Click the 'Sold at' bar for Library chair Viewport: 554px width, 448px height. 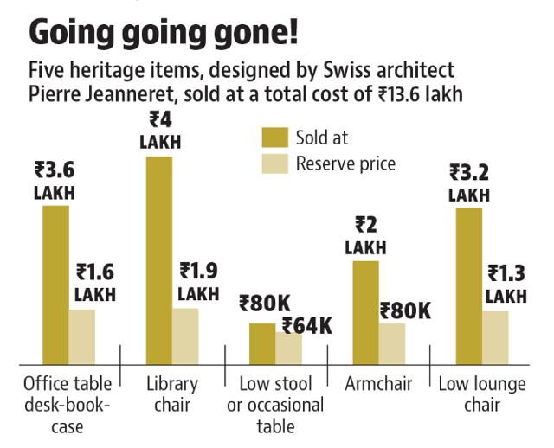(x=159, y=259)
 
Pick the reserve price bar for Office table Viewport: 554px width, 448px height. (x=81, y=336)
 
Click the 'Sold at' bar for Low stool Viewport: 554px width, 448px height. (x=262, y=343)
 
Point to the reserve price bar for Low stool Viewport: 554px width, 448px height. (x=288, y=347)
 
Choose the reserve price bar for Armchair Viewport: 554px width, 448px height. (x=392, y=343)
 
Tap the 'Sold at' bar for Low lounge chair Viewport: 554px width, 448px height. (x=468, y=285)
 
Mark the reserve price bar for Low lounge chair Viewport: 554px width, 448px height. (x=494, y=337)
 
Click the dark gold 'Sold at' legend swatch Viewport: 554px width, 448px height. (x=274, y=137)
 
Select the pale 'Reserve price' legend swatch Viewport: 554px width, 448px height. (x=274, y=163)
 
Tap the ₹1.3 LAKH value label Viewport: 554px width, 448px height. (x=506, y=285)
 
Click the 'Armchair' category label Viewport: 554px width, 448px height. (x=377, y=383)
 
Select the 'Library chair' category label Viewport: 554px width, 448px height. (x=172, y=394)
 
